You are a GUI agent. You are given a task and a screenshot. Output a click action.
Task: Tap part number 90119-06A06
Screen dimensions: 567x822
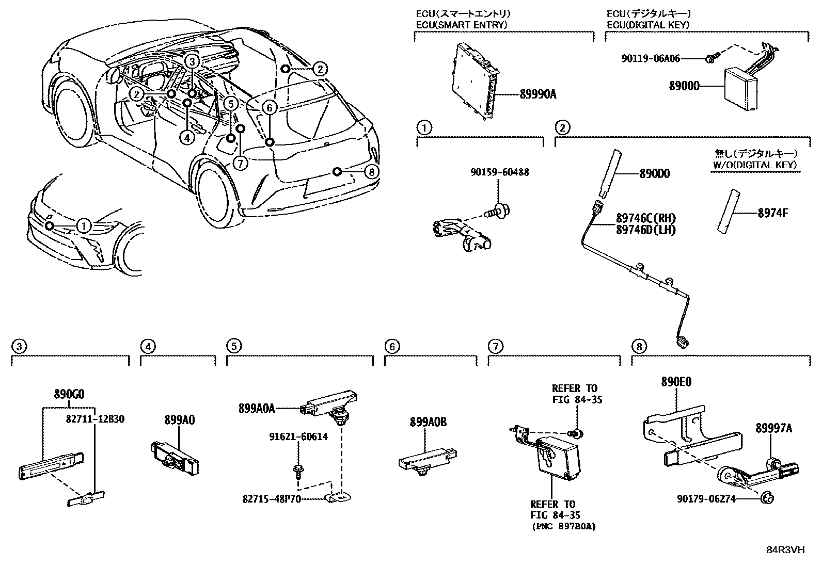click(651, 59)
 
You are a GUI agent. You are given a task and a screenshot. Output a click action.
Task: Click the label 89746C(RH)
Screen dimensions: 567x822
click(645, 218)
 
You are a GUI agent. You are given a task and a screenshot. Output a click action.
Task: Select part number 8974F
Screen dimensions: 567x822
click(772, 212)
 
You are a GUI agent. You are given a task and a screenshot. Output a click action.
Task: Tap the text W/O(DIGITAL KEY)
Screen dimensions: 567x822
click(755, 165)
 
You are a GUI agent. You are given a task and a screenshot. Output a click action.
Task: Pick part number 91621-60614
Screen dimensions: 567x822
click(298, 436)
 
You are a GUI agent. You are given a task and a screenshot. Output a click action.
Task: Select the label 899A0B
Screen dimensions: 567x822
click(428, 422)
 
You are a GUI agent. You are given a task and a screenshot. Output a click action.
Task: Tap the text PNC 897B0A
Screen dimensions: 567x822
click(563, 527)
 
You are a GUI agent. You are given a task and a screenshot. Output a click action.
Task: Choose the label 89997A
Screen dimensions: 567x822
click(773, 428)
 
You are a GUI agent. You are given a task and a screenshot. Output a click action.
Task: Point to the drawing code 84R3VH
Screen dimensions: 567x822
click(785, 550)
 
